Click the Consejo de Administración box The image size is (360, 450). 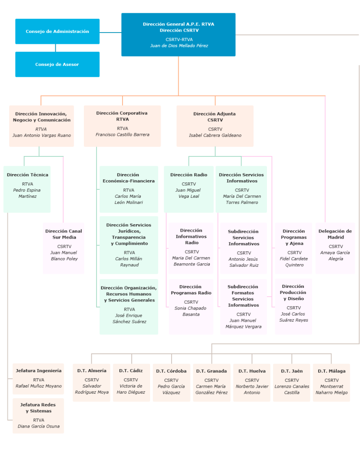(57, 31)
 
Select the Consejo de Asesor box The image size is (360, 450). (57, 64)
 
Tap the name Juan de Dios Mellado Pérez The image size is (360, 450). (179, 46)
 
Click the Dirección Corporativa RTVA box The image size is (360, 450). (122, 126)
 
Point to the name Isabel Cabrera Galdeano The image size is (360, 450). (215, 135)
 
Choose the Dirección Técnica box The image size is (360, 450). (27, 189)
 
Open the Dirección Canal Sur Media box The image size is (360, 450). (64, 248)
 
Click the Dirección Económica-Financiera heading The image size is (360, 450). (129, 178)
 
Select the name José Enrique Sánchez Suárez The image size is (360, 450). (129, 319)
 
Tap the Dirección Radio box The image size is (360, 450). (188, 189)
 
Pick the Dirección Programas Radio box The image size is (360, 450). (191, 306)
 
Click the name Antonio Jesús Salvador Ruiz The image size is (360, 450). (244, 262)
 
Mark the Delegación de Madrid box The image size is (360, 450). (335, 248)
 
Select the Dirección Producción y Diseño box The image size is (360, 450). (293, 306)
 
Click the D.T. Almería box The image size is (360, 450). (91, 382)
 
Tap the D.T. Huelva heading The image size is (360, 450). (252, 371)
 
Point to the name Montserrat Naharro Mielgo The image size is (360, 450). (331, 389)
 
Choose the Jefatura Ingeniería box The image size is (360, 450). (39, 378)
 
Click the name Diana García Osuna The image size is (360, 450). (39, 426)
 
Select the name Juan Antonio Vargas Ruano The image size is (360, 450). (41, 135)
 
